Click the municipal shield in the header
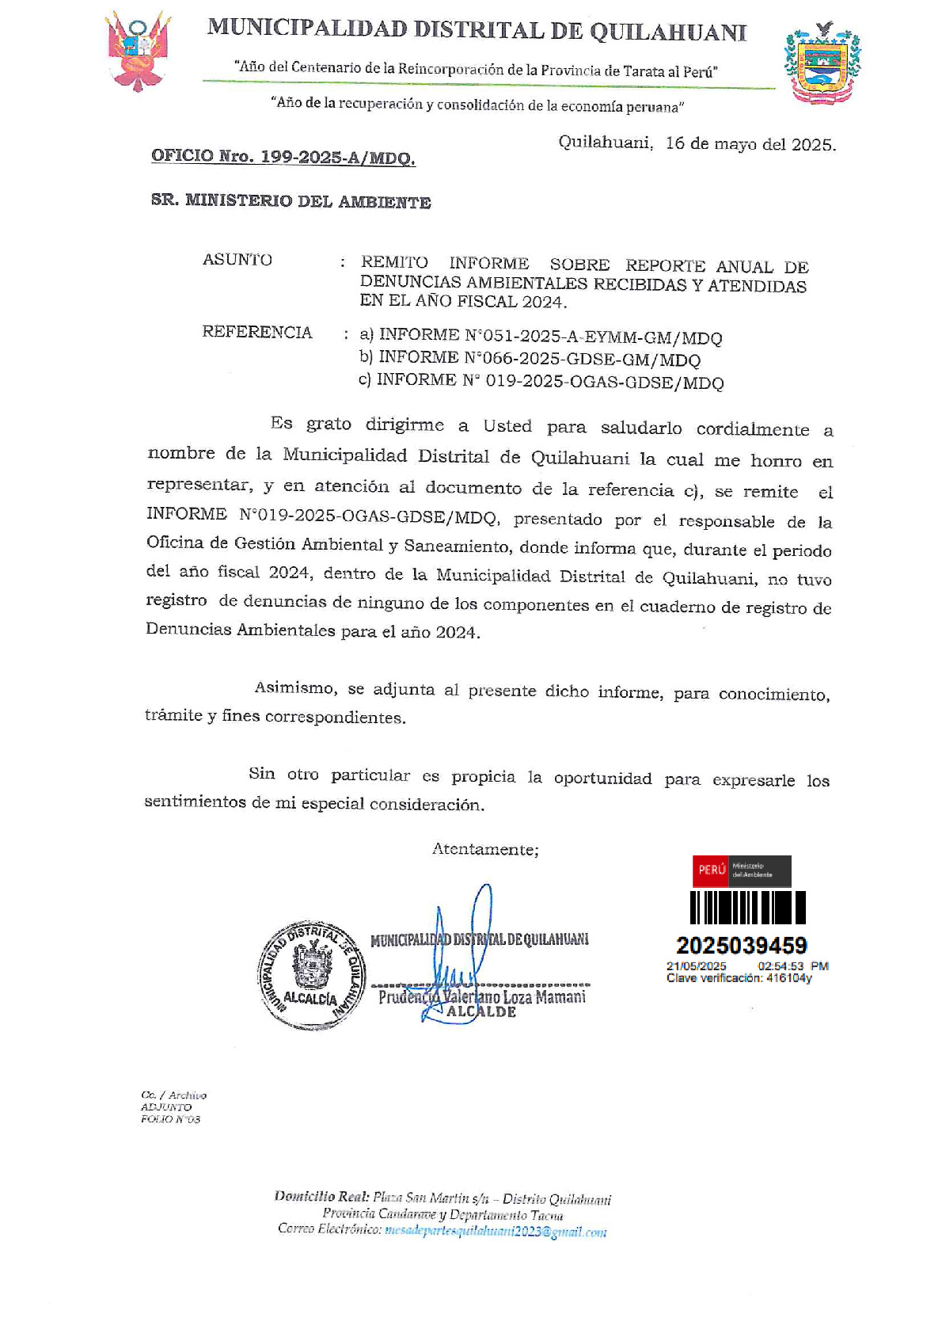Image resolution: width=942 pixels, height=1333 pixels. (822, 63)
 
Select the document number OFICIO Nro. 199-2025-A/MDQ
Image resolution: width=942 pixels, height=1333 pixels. (283, 157)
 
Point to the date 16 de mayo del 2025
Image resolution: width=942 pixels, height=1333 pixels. (750, 144)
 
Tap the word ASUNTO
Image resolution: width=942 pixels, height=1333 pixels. (237, 260)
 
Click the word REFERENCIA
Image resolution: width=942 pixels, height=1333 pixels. (256, 332)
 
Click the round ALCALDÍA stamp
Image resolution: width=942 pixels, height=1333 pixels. (312, 975)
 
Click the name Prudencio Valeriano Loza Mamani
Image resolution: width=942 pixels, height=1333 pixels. (482, 996)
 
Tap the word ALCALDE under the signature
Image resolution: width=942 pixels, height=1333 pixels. (481, 1012)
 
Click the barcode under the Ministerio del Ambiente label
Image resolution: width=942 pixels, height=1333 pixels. (747, 908)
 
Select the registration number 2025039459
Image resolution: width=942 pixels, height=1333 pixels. (741, 945)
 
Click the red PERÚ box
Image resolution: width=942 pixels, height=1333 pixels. (711, 870)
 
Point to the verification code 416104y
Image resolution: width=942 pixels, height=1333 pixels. (788, 978)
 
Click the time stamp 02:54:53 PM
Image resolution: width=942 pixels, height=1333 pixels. (792, 966)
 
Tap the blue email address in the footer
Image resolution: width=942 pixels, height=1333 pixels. (495, 1232)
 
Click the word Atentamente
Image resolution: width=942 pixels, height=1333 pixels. (485, 849)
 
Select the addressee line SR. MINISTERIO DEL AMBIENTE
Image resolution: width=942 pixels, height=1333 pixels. (291, 201)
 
